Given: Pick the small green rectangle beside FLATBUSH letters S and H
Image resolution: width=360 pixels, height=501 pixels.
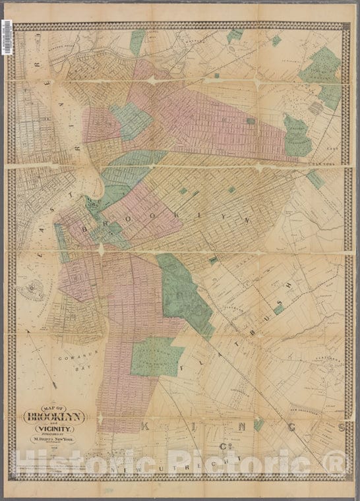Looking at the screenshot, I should point(279,307).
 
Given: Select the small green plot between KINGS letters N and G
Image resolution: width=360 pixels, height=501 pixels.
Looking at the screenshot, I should point(258,425).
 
